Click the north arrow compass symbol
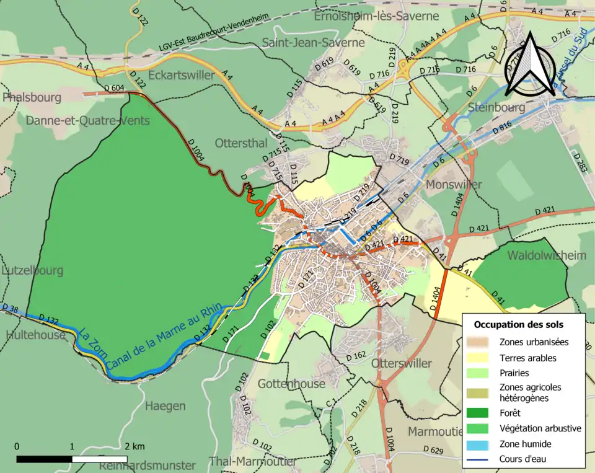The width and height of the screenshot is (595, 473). pos(526,65)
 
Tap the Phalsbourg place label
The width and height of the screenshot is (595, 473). pos(32,98)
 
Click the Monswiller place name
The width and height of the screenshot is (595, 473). pos(454,185)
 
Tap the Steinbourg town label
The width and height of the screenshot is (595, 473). pos(496,108)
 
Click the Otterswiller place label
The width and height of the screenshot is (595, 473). pos(400,363)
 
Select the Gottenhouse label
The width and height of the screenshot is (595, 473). pos(291,384)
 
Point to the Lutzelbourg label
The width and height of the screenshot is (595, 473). pos(32,270)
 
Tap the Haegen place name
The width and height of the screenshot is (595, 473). pos(165,406)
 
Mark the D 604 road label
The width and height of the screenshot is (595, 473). pos(113,88)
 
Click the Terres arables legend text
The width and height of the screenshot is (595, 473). pos(527,358)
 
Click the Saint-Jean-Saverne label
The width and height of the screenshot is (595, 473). pos(313,43)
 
